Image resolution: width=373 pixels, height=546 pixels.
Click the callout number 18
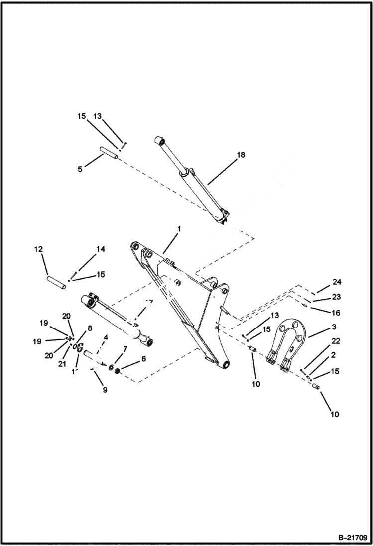pos(241,155)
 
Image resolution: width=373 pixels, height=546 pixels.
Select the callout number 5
pos(80,169)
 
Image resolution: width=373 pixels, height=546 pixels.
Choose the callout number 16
pos(336,313)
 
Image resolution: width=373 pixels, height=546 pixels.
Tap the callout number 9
pos(105,390)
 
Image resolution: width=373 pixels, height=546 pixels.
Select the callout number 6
pos(144,358)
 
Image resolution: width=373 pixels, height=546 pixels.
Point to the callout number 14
pos(101,249)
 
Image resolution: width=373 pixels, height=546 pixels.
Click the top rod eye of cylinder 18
pos(160,141)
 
